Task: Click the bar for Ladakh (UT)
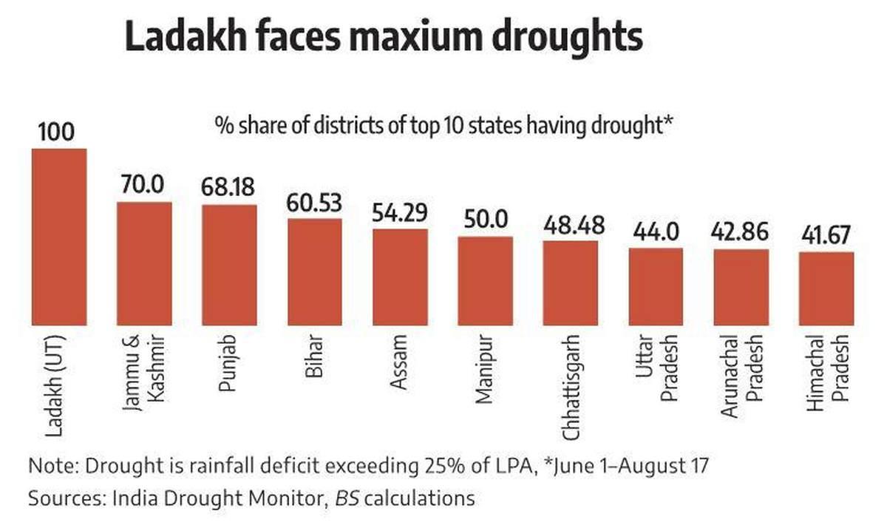(x=58, y=237)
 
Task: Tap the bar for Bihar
(x=314, y=271)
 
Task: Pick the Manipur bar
(x=485, y=280)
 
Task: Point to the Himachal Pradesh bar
(x=826, y=288)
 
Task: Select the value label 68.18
(x=229, y=187)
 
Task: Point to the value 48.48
(x=570, y=224)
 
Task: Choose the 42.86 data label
(x=741, y=232)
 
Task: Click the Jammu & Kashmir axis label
(x=145, y=378)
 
